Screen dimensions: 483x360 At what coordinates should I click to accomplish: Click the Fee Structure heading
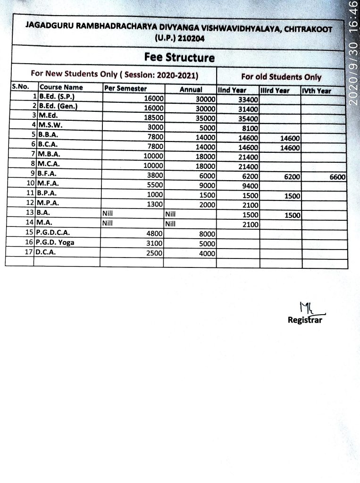pos(179,58)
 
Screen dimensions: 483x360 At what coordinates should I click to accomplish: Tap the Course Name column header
pos(61,87)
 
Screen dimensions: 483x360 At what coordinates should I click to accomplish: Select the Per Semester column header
pos(126,89)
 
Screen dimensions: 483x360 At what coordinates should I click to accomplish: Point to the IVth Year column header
pos(317,91)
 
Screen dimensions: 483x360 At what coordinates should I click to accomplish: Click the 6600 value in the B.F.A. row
pos(337,176)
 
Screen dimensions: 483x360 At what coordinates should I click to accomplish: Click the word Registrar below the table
pos(305,320)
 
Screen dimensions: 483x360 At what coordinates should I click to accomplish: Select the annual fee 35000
pos(206,118)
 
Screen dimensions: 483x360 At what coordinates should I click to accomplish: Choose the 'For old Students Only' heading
pos(281,77)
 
